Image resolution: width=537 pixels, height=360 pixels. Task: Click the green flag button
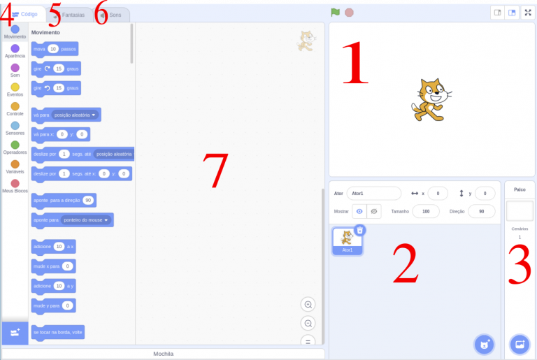point(336,13)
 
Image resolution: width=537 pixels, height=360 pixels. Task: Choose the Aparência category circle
point(15,48)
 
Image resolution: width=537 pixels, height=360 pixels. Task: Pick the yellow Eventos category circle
point(15,87)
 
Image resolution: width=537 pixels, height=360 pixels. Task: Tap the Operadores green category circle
point(15,145)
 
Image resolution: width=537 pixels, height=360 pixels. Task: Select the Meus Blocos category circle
point(15,183)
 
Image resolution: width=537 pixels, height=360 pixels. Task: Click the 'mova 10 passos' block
point(55,49)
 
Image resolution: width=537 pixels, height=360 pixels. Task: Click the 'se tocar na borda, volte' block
point(58,332)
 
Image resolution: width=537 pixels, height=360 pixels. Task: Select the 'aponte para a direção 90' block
point(64,200)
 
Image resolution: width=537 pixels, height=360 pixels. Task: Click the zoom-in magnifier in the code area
point(308,304)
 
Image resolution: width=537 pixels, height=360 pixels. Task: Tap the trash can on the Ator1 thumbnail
point(359,230)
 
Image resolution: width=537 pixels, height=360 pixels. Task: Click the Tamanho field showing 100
point(426,211)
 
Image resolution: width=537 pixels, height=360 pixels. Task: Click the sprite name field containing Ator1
point(373,193)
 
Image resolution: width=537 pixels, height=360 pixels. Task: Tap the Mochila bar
point(163,354)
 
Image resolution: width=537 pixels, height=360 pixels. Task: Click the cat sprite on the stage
point(428,99)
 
